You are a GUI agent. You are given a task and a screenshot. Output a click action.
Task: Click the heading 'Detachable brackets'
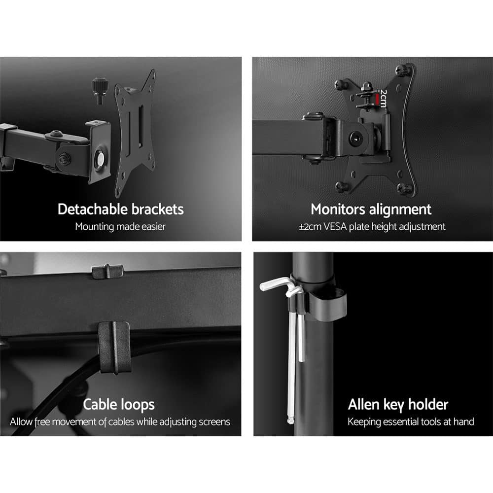(x=120, y=209)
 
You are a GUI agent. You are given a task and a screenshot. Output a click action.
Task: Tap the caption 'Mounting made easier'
(x=120, y=227)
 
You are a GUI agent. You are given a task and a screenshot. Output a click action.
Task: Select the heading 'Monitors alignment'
(x=371, y=209)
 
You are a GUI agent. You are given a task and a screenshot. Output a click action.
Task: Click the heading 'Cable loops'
(x=118, y=405)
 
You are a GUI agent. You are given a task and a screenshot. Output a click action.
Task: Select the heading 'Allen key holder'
(x=398, y=405)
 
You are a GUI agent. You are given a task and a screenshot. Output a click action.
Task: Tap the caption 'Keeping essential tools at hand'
(x=411, y=422)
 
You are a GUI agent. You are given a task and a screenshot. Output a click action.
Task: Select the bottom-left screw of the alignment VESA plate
(x=340, y=186)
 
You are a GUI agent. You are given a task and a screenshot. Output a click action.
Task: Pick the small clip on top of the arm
(x=107, y=271)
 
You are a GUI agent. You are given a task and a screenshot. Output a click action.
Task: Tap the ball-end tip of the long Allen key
(x=291, y=421)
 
